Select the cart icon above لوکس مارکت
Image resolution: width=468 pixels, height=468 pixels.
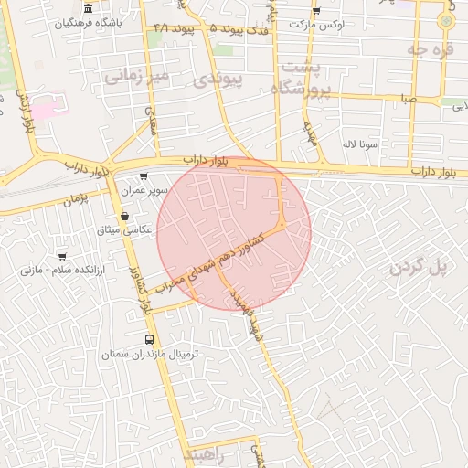[316, 10]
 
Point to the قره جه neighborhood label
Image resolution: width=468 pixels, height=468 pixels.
[431, 50]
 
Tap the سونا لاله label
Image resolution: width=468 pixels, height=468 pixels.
[360, 144]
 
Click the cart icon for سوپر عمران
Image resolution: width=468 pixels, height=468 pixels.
[144, 176]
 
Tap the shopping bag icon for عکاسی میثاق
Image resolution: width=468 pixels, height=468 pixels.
[124, 216]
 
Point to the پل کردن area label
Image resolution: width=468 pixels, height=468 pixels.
[421, 267]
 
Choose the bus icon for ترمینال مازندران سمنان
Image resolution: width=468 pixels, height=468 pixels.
[150, 340]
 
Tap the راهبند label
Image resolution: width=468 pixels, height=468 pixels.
[203, 454]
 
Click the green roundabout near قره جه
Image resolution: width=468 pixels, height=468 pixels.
[445, 20]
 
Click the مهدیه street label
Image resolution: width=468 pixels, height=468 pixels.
[310, 133]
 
